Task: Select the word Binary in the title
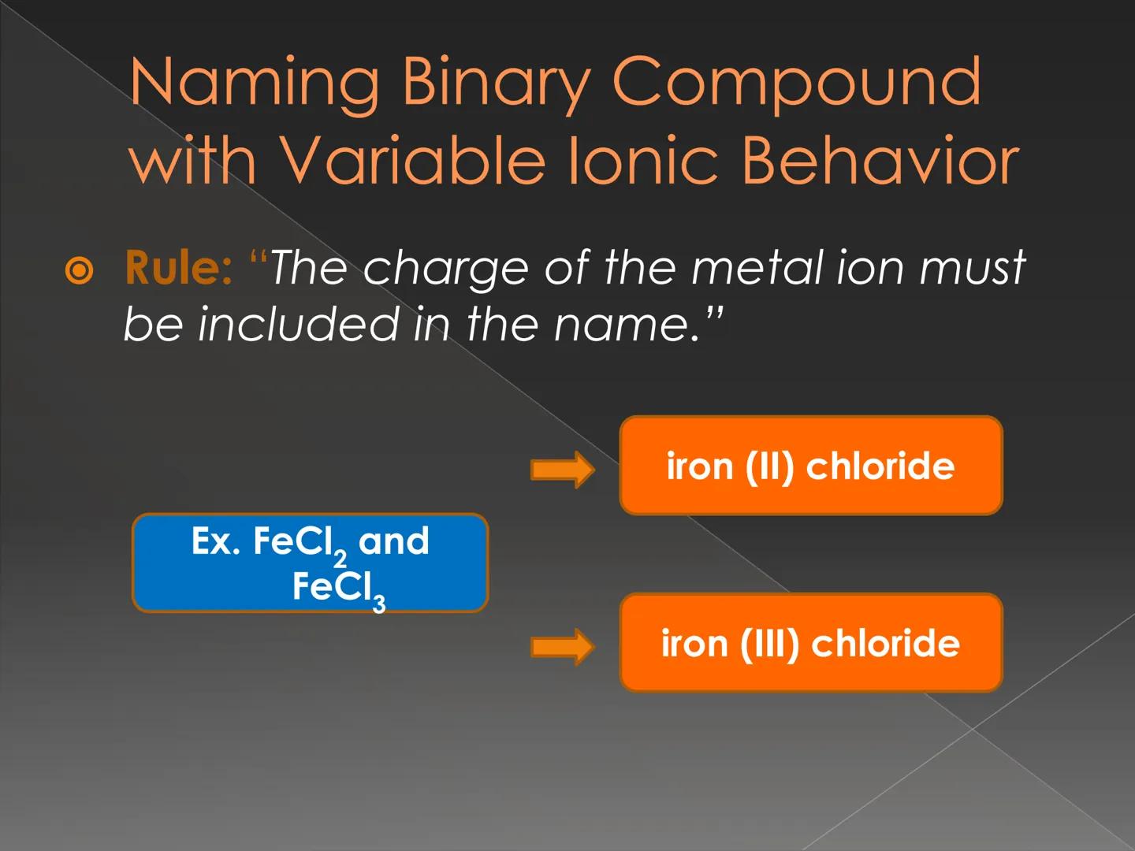coord(495,83)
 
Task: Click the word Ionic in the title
coord(642,160)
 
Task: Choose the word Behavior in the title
coord(880,160)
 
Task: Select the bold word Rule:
coord(178,268)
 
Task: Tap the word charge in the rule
coord(445,269)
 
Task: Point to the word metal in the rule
coord(756,267)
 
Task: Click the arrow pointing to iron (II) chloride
coord(562,470)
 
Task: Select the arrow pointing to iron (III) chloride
coord(562,647)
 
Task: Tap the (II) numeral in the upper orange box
coord(769,466)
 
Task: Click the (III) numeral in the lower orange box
coord(769,644)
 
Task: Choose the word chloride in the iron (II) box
coord(880,466)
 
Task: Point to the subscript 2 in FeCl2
coord(340,559)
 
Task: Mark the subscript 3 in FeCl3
coord(379,604)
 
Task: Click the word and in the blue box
coord(393,542)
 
